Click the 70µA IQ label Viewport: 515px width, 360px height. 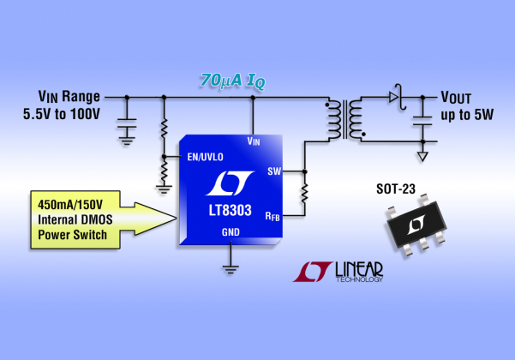[232, 81]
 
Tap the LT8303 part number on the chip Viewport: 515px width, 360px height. [231, 210]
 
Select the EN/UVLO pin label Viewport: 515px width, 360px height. [206, 157]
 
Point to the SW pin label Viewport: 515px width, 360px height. [274, 171]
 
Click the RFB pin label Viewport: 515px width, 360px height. [272, 217]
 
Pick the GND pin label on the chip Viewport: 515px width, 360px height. [231, 232]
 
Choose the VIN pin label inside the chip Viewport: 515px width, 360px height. [254, 141]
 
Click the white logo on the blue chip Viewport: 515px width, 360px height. [230, 183]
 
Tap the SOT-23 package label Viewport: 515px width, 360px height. [396, 189]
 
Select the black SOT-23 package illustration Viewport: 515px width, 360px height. [416, 225]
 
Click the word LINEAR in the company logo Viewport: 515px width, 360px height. [359, 269]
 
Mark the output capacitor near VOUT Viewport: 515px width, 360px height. [422, 121]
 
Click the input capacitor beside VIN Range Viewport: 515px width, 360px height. [127, 123]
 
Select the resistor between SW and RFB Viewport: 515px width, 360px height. [305, 194]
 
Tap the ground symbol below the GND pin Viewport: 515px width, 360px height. [231, 270]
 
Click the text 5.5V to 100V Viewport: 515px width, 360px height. [62, 114]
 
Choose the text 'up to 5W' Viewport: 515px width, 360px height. [467, 115]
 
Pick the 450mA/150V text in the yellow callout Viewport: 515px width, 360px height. [70, 205]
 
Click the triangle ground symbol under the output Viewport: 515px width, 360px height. [422, 157]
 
